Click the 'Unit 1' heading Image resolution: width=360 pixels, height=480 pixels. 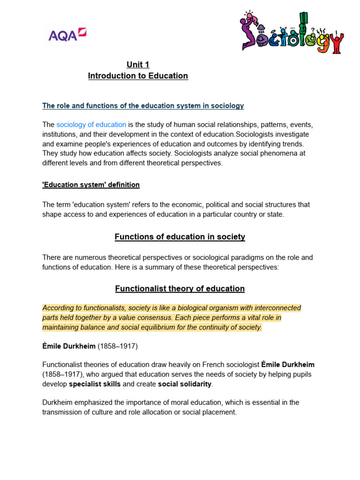138,65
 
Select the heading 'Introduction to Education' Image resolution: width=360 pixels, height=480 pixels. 138,76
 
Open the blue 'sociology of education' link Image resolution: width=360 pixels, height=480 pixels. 91,125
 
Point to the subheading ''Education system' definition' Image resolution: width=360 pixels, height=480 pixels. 91,185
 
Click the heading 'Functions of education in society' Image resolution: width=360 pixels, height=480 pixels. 180,237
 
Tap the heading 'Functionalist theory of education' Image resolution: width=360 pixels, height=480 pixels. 180,289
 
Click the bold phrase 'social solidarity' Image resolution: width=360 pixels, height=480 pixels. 185,384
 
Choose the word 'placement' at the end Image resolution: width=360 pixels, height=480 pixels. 221,412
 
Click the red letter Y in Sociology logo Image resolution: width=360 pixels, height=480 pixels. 334,43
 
